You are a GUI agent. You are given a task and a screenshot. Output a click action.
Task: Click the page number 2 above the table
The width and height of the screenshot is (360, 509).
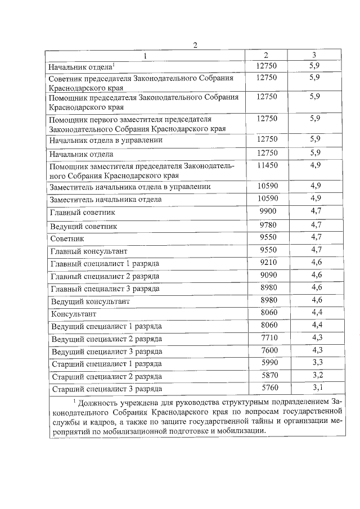[x=195, y=46]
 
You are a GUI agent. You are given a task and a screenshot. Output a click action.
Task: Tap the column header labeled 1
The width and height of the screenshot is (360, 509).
[x=144, y=55]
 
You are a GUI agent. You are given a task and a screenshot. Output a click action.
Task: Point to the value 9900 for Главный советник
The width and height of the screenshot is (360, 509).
[x=266, y=211]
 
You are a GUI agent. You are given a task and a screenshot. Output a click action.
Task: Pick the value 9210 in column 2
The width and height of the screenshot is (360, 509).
[x=266, y=262]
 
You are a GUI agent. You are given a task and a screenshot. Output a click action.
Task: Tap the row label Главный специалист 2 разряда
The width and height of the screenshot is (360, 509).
[x=105, y=276]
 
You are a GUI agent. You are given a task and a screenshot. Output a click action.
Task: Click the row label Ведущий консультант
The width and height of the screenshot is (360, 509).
[x=90, y=301]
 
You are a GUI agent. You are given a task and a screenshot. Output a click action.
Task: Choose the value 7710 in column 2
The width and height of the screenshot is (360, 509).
[x=266, y=337]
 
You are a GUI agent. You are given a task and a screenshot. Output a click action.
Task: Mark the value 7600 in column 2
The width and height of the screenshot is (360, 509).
[x=266, y=350]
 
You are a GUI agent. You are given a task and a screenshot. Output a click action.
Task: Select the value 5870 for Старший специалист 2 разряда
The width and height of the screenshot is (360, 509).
[x=266, y=375]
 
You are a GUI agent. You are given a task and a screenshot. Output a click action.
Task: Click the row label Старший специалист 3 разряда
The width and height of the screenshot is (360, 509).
[x=107, y=389]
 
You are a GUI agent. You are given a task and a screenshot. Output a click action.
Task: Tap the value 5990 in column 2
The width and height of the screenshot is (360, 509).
[x=266, y=363]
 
